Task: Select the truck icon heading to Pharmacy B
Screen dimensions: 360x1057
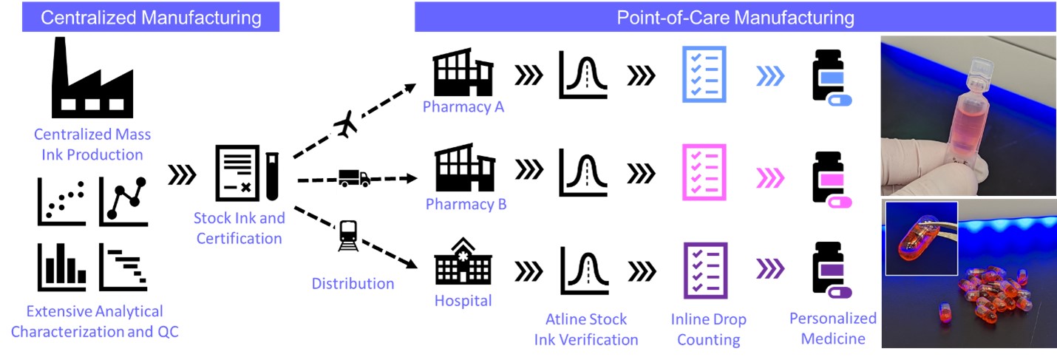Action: click(354, 178)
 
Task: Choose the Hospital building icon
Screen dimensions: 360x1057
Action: click(463, 262)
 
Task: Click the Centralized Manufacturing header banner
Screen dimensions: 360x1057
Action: click(151, 17)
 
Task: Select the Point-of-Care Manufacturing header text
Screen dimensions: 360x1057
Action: click(735, 17)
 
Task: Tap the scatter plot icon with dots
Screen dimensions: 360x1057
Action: click(61, 203)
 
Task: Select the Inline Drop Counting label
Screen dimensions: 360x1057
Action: click(708, 330)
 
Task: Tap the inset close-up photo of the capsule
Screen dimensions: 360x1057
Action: click(921, 237)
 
